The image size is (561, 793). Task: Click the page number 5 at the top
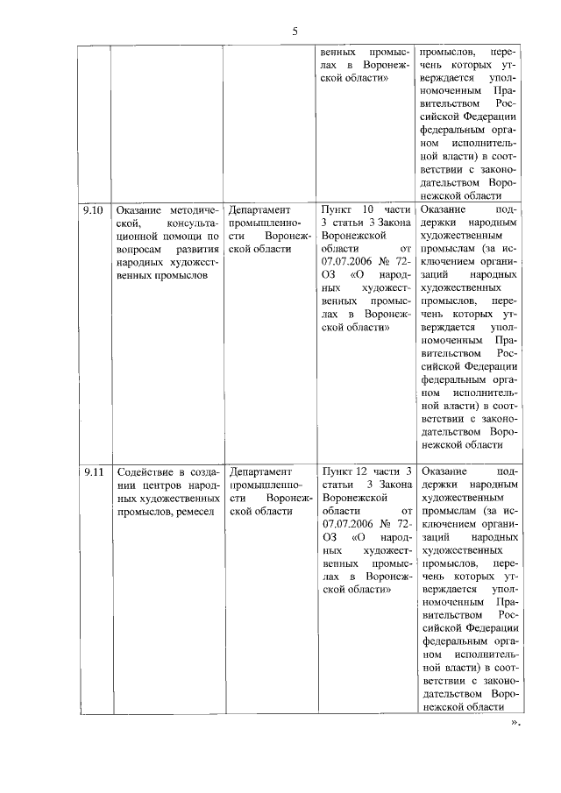coord(295,32)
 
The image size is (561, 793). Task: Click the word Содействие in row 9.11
coord(146,472)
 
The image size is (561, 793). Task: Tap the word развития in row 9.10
coord(196,250)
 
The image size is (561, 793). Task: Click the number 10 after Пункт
coord(368,211)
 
